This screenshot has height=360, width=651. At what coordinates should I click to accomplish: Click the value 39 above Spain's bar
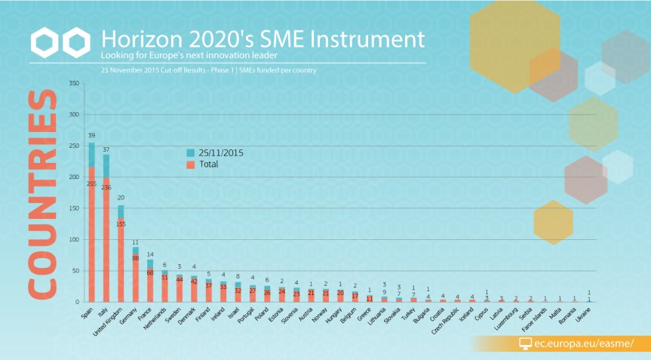coord(91,135)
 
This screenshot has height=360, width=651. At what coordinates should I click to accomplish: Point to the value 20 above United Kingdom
coord(121,198)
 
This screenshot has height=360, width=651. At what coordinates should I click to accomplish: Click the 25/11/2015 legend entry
coord(216,152)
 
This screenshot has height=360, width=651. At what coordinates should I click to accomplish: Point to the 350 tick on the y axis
coord(73,84)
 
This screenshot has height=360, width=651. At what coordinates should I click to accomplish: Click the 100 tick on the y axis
coord(73,240)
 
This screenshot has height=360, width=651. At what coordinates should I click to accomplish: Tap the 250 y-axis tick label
coord(73,146)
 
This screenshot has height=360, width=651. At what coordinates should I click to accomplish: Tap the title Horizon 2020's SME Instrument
coord(262,39)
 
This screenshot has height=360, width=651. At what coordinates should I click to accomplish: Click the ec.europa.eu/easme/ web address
coord(583,343)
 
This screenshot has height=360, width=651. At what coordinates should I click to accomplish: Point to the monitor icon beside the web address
coord(526,343)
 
